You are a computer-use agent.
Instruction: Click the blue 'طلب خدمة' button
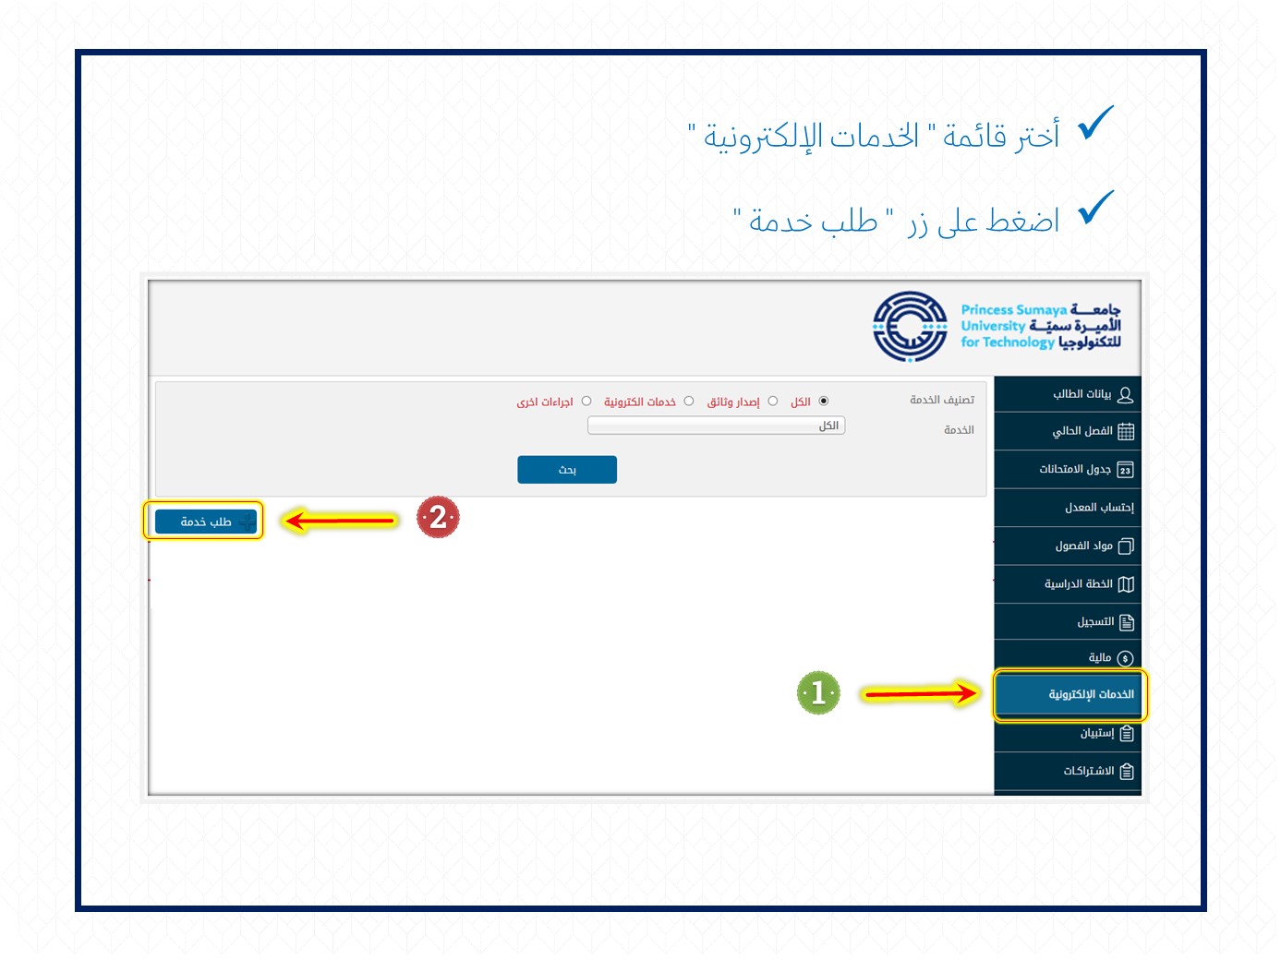coord(205,521)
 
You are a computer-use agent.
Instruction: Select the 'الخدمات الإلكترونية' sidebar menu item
coord(1068,694)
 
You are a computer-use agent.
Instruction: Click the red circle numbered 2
coord(438,517)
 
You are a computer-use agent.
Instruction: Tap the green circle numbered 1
coord(818,693)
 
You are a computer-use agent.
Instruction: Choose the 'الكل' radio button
coord(824,401)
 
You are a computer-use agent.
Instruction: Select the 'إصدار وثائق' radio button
coord(773,401)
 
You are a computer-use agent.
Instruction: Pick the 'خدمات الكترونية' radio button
coord(689,401)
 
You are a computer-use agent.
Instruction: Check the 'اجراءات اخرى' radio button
coord(586,401)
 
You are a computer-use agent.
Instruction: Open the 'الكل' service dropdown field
coord(716,426)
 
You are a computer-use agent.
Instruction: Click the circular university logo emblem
coord(910,326)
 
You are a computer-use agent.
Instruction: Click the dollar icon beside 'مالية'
coord(1125,658)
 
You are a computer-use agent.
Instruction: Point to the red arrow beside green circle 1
coord(920,693)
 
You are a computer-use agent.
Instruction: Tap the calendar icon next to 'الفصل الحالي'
coord(1126,432)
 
